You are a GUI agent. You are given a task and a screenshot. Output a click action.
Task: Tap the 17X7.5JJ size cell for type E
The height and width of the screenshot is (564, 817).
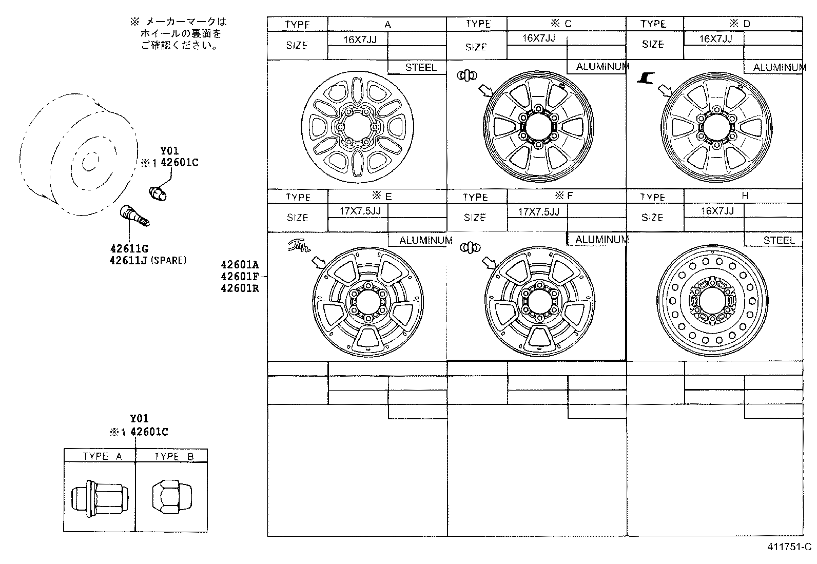pos(358,211)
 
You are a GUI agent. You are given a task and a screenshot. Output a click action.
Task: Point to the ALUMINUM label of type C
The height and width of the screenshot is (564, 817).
pos(601,67)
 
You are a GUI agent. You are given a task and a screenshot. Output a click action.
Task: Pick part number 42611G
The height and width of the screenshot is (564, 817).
pos(128,249)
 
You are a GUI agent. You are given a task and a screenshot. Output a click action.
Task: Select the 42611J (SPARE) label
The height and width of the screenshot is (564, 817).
pos(148,260)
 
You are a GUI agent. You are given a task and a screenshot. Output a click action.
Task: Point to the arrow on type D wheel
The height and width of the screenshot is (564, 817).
pos(666,91)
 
